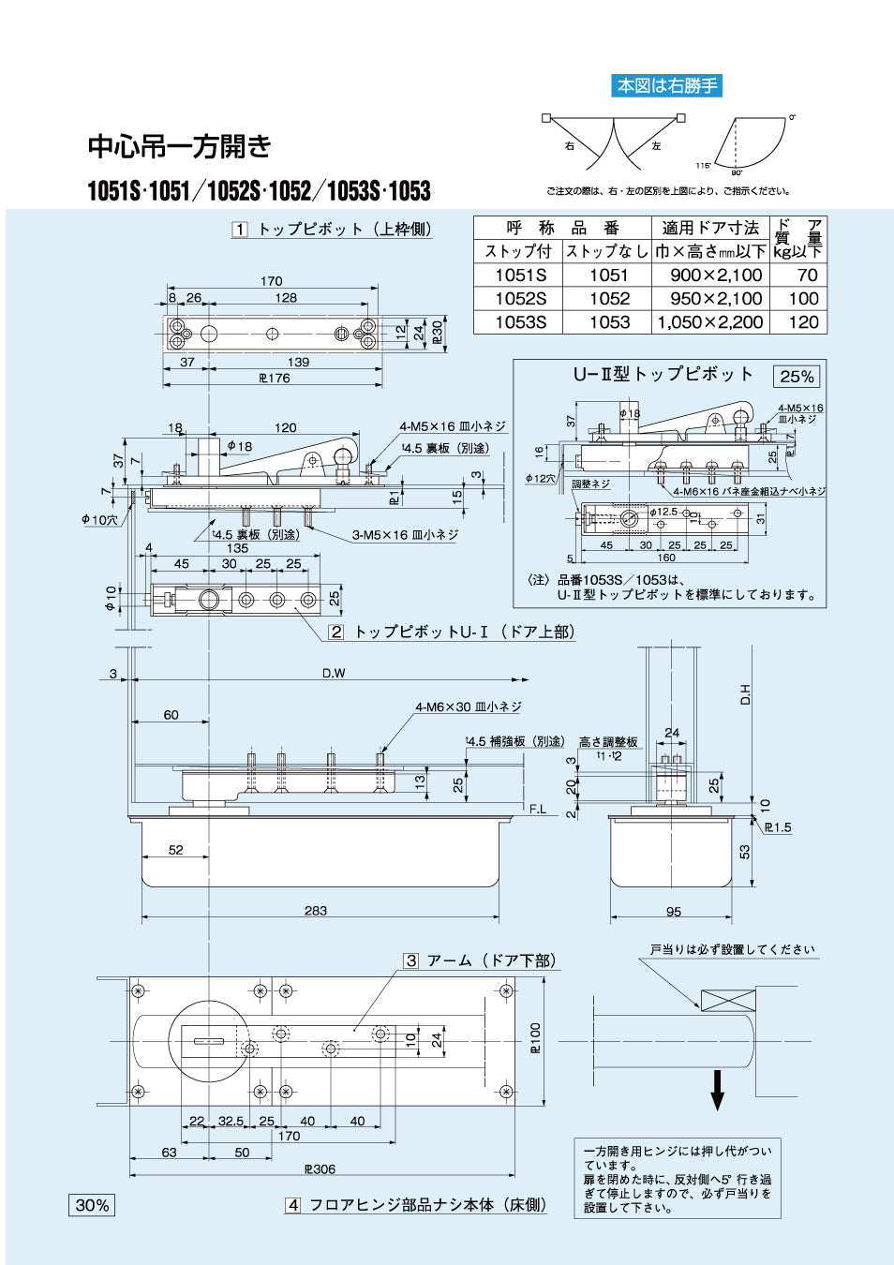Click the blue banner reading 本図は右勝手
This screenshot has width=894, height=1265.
666,86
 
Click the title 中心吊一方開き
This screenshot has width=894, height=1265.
180,146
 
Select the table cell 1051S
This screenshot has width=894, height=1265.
520,275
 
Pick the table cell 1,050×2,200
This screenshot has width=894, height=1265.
710,322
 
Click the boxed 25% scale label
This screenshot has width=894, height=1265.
797,377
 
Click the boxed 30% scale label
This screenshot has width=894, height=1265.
92,1205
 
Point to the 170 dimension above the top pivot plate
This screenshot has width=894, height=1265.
272,281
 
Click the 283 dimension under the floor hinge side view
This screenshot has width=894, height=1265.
316,911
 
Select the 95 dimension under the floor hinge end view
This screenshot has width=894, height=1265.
674,912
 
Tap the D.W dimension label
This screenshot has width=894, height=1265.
334,673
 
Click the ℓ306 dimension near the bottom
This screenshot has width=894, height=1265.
320,1168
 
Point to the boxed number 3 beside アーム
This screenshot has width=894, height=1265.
411,960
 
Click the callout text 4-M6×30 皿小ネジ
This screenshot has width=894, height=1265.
468,707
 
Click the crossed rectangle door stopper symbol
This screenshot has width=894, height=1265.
728,1000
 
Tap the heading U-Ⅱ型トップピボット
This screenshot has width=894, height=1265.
663,374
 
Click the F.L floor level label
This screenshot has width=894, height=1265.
537,809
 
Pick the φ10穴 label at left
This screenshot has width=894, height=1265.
99,519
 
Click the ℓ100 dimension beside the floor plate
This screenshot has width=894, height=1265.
535,1038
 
